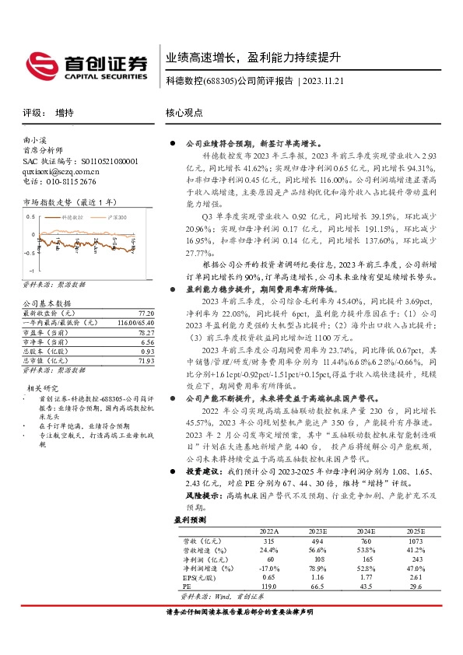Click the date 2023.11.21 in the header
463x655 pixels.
tap(321, 81)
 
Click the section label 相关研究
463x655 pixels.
tap(43, 387)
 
